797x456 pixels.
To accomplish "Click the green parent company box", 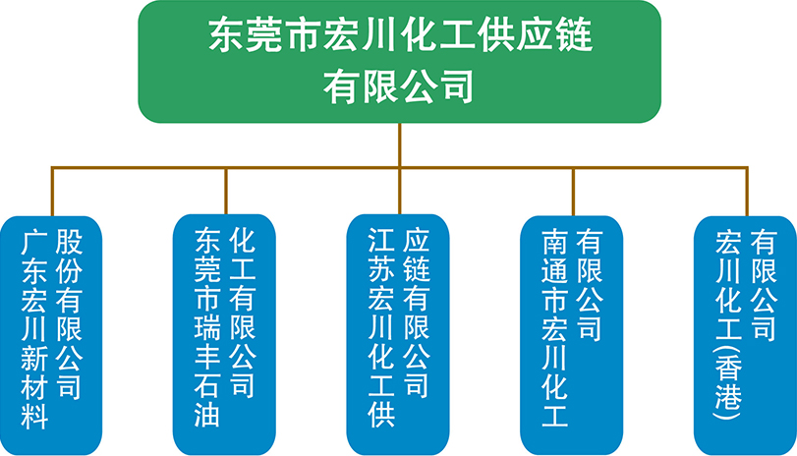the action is tap(400, 62).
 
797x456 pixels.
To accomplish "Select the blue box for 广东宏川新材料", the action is tap(51, 335).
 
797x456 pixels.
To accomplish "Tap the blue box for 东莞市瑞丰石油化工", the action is tap(225, 335).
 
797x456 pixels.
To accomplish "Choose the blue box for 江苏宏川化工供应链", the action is tap(399, 335).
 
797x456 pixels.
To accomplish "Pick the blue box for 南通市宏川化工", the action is tap(572, 335).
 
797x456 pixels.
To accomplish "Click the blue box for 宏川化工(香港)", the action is tap(745, 335).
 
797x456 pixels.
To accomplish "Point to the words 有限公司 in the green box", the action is tap(399, 87).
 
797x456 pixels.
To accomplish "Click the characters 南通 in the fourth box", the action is tap(554, 256).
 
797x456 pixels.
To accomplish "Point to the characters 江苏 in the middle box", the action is tap(381, 255).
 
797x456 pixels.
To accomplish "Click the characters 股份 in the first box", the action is tap(69, 256).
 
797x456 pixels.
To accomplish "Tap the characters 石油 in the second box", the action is tap(207, 400).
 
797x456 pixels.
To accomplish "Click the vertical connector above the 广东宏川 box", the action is tap(52, 191).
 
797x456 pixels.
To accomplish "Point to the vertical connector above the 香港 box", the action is tap(747, 191).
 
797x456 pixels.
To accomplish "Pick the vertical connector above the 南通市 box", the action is tap(573, 191).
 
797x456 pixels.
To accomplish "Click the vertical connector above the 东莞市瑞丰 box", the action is tap(226, 191).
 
